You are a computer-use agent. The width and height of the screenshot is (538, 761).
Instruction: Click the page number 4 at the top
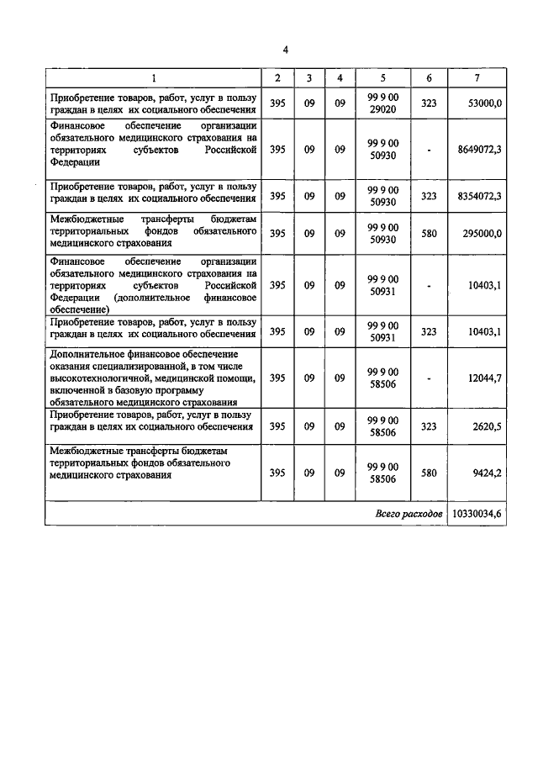(286, 50)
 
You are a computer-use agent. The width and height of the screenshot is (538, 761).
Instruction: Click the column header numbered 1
(153, 78)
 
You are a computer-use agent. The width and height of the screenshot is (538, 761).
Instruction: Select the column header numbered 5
(382, 78)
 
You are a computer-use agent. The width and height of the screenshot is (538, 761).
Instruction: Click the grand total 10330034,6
(478, 513)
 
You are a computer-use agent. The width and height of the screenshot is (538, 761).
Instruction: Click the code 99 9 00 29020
(382, 103)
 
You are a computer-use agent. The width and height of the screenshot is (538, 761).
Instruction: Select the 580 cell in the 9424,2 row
(429, 473)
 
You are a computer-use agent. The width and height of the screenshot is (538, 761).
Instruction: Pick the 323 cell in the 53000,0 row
(429, 103)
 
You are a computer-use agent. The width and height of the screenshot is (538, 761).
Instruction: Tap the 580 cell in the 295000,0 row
(429, 234)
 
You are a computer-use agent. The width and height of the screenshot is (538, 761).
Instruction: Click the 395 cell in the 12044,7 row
(277, 378)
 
